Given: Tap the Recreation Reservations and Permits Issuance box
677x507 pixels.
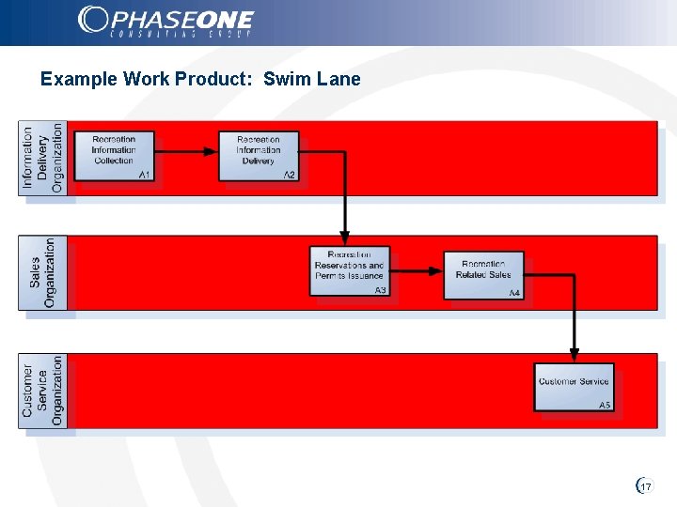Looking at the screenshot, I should [x=349, y=269].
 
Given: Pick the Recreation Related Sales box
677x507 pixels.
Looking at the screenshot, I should [x=483, y=273].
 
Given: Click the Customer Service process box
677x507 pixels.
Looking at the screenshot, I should [x=574, y=386].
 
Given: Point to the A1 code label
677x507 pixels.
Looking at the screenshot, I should [x=145, y=176].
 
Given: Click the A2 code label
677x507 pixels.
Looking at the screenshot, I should [x=290, y=176].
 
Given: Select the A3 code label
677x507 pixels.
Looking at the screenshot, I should [x=380, y=291].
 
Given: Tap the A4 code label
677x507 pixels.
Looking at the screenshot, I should [x=514, y=294].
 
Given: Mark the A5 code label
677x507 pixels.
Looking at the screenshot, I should [x=605, y=405].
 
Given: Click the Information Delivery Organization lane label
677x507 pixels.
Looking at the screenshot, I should [x=42, y=158].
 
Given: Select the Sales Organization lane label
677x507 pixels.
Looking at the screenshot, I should [x=42, y=272].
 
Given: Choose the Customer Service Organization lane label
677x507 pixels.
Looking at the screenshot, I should [x=42, y=390].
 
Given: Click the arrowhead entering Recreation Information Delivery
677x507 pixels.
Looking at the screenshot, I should [x=212, y=152].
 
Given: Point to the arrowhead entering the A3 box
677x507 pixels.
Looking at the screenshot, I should [x=345, y=238].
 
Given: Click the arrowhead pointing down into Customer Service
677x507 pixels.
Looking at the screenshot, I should [x=574, y=356].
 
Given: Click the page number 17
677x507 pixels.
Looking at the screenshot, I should [x=645, y=486].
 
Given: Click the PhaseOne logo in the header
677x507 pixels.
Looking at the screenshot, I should [x=165, y=22].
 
